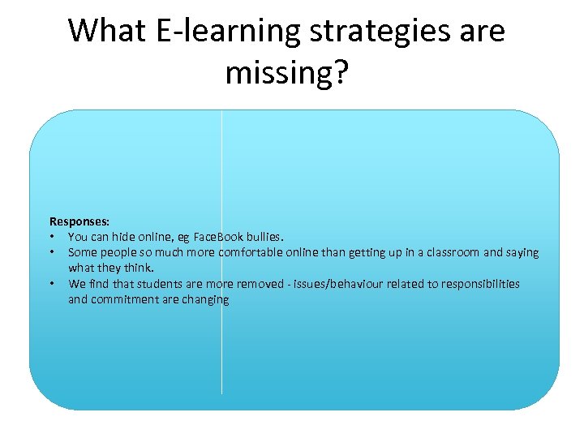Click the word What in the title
106,31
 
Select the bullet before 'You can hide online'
51,237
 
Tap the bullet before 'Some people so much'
51,252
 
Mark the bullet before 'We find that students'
51,284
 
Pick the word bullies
266,237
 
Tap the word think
140,268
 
